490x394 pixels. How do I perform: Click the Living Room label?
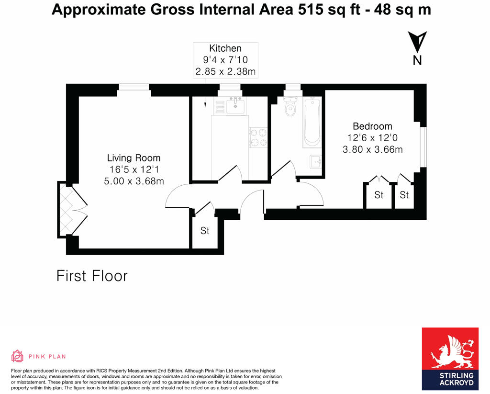(134, 158)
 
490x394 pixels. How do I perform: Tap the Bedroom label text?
(372, 126)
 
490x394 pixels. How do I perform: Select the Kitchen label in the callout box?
(225, 48)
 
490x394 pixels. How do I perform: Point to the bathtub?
(312, 122)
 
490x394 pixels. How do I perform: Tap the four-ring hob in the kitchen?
(258, 137)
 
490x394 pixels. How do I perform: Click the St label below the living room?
(205, 231)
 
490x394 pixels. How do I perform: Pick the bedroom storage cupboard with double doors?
(379, 195)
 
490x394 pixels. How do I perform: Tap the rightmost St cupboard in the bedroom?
(404, 195)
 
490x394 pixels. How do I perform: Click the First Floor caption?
(92, 276)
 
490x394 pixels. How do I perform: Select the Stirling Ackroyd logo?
(450, 358)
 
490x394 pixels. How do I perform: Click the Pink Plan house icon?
(17, 356)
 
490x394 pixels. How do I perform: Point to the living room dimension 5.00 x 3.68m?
(134, 181)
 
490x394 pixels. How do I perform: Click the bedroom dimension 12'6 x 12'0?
(372, 138)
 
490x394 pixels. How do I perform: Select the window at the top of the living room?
(134, 87)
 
